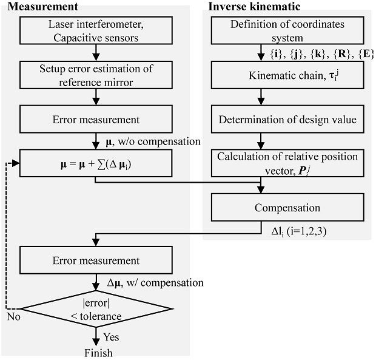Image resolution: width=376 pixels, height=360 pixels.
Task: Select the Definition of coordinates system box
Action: click(287, 30)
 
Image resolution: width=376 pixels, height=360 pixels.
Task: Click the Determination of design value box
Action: click(287, 120)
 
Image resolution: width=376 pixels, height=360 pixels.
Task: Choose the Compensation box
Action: click(287, 208)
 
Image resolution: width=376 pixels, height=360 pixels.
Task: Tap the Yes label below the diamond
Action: click(111, 336)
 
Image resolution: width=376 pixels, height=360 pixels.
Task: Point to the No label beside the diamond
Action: click(13, 316)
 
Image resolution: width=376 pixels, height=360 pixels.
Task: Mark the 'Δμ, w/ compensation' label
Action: click(154, 282)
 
